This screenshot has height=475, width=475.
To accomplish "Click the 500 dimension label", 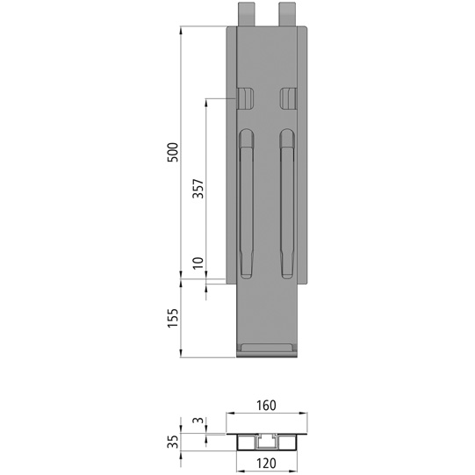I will (x=173, y=151).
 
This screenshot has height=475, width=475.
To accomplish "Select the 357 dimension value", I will (x=198, y=189).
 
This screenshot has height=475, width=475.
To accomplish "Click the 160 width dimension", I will (x=269, y=406).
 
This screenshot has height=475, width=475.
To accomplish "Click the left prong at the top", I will (x=247, y=13).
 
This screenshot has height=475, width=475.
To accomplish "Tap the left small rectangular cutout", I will (x=246, y=97).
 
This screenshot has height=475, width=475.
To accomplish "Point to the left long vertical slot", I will (x=247, y=202).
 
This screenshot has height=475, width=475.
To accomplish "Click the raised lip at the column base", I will (x=269, y=350).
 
